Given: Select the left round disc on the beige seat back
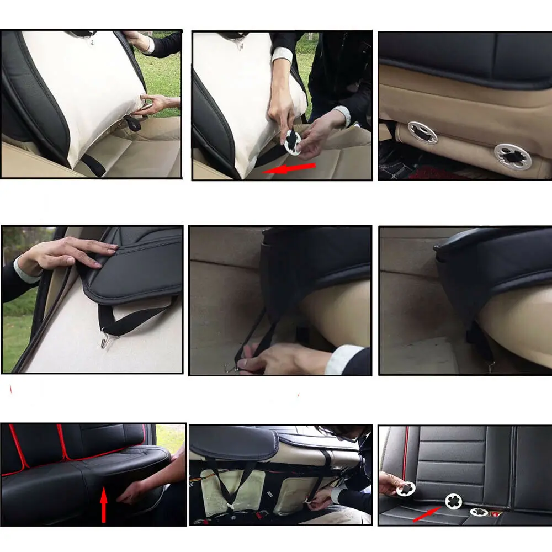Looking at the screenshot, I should [422, 132].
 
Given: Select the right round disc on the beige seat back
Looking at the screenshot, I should [513, 156].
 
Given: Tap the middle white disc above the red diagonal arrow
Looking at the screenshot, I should [454, 501].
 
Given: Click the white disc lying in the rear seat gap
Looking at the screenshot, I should [478, 512].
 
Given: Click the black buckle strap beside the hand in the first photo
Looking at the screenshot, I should [132, 123].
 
